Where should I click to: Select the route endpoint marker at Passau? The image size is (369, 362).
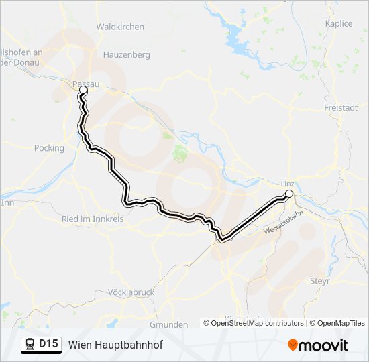coord(83,90)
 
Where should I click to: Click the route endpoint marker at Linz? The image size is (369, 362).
coord(289,194)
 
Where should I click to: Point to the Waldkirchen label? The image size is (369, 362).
coord(120,27)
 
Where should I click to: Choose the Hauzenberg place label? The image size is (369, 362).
coord(126,55)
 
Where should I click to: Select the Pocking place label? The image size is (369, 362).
coord(49,148)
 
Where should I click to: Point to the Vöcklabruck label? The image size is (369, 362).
coord(131,292)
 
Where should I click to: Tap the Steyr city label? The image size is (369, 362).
coord(319,281)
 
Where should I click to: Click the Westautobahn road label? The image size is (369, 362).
coord(284,221)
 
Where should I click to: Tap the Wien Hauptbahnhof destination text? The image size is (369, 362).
coord(115,345)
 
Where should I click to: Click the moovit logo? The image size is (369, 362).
coord(318,345)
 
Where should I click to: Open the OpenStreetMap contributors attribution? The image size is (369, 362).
coord(257,323)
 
